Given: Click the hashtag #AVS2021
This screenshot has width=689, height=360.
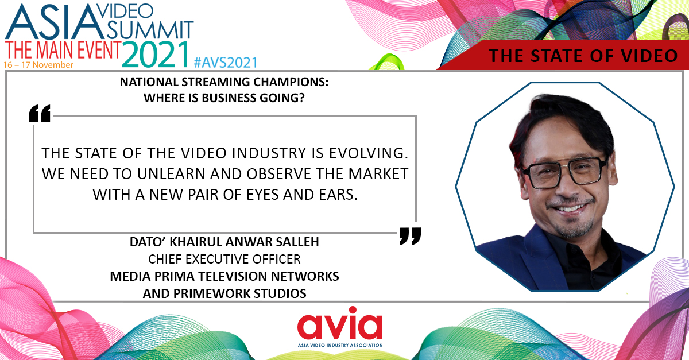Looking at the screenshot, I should (226, 61).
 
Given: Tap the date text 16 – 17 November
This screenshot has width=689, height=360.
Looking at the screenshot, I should (38, 65).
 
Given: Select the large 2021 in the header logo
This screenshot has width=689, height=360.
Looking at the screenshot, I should (156, 54).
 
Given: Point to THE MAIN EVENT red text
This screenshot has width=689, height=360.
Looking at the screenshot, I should (62, 49).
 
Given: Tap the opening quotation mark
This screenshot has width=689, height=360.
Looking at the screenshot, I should (40, 114).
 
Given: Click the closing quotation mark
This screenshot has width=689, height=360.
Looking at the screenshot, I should (410, 235).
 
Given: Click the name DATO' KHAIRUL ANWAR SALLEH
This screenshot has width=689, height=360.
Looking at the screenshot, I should (224, 242).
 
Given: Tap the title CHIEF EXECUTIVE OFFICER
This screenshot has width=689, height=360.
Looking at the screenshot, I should (224, 260).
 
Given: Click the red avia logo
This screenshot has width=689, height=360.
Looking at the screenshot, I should (340, 326).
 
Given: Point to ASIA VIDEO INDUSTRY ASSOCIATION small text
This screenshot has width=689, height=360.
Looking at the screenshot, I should (340, 345).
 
